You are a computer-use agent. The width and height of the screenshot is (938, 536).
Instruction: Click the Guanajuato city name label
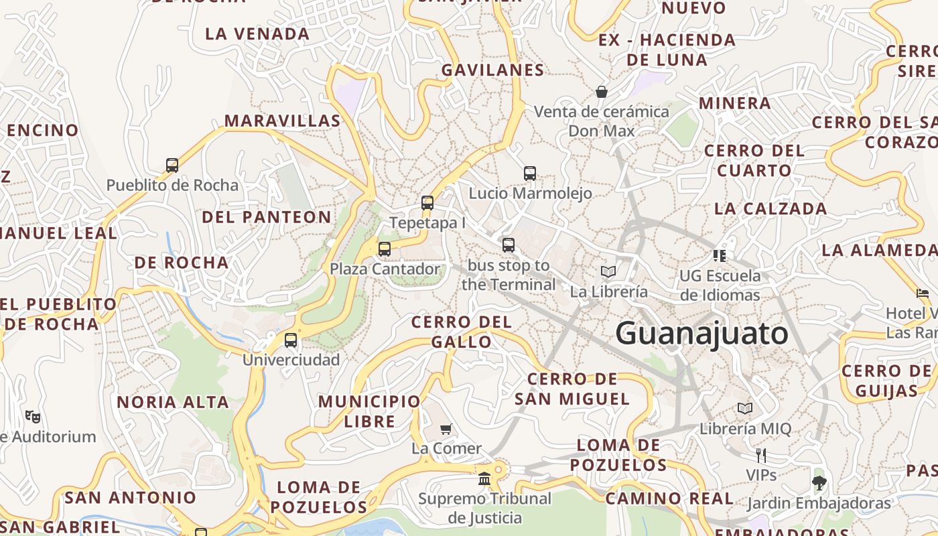coord(701,334)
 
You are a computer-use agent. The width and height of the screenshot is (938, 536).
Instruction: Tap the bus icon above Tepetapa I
coord(427,202)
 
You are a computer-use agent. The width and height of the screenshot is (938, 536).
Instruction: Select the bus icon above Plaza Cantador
coord(385,249)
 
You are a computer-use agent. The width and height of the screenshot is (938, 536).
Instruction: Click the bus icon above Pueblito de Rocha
coord(172,165)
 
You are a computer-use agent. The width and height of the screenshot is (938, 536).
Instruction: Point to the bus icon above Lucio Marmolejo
coord(530,174)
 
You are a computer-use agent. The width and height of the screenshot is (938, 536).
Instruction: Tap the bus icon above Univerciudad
coord(291,340)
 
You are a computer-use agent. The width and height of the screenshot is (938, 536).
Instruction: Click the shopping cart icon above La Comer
coord(446,429)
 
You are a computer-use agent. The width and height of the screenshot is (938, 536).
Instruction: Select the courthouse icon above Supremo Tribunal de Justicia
coord(484,479)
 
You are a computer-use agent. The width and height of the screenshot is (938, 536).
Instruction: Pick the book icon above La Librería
coord(608,271)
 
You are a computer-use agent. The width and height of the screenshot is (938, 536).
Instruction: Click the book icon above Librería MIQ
coord(745,408)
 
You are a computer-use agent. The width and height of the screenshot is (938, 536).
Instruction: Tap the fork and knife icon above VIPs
coord(761,456)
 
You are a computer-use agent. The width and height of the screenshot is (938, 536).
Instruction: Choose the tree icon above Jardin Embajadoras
coord(819,482)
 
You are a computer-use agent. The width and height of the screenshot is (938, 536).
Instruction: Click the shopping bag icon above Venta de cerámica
coord(602,92)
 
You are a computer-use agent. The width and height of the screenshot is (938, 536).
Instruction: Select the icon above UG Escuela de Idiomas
coord(720,255)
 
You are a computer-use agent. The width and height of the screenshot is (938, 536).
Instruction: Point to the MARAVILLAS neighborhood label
coord(282,121)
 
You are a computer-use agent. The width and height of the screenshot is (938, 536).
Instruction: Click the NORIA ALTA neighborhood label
coord(173,403)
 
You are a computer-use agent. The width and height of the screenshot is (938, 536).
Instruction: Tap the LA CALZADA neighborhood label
coord(770,208)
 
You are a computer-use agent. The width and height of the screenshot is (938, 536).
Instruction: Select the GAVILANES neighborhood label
coord(492,70)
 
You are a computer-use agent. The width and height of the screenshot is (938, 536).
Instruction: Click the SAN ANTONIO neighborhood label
coord(131,498)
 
